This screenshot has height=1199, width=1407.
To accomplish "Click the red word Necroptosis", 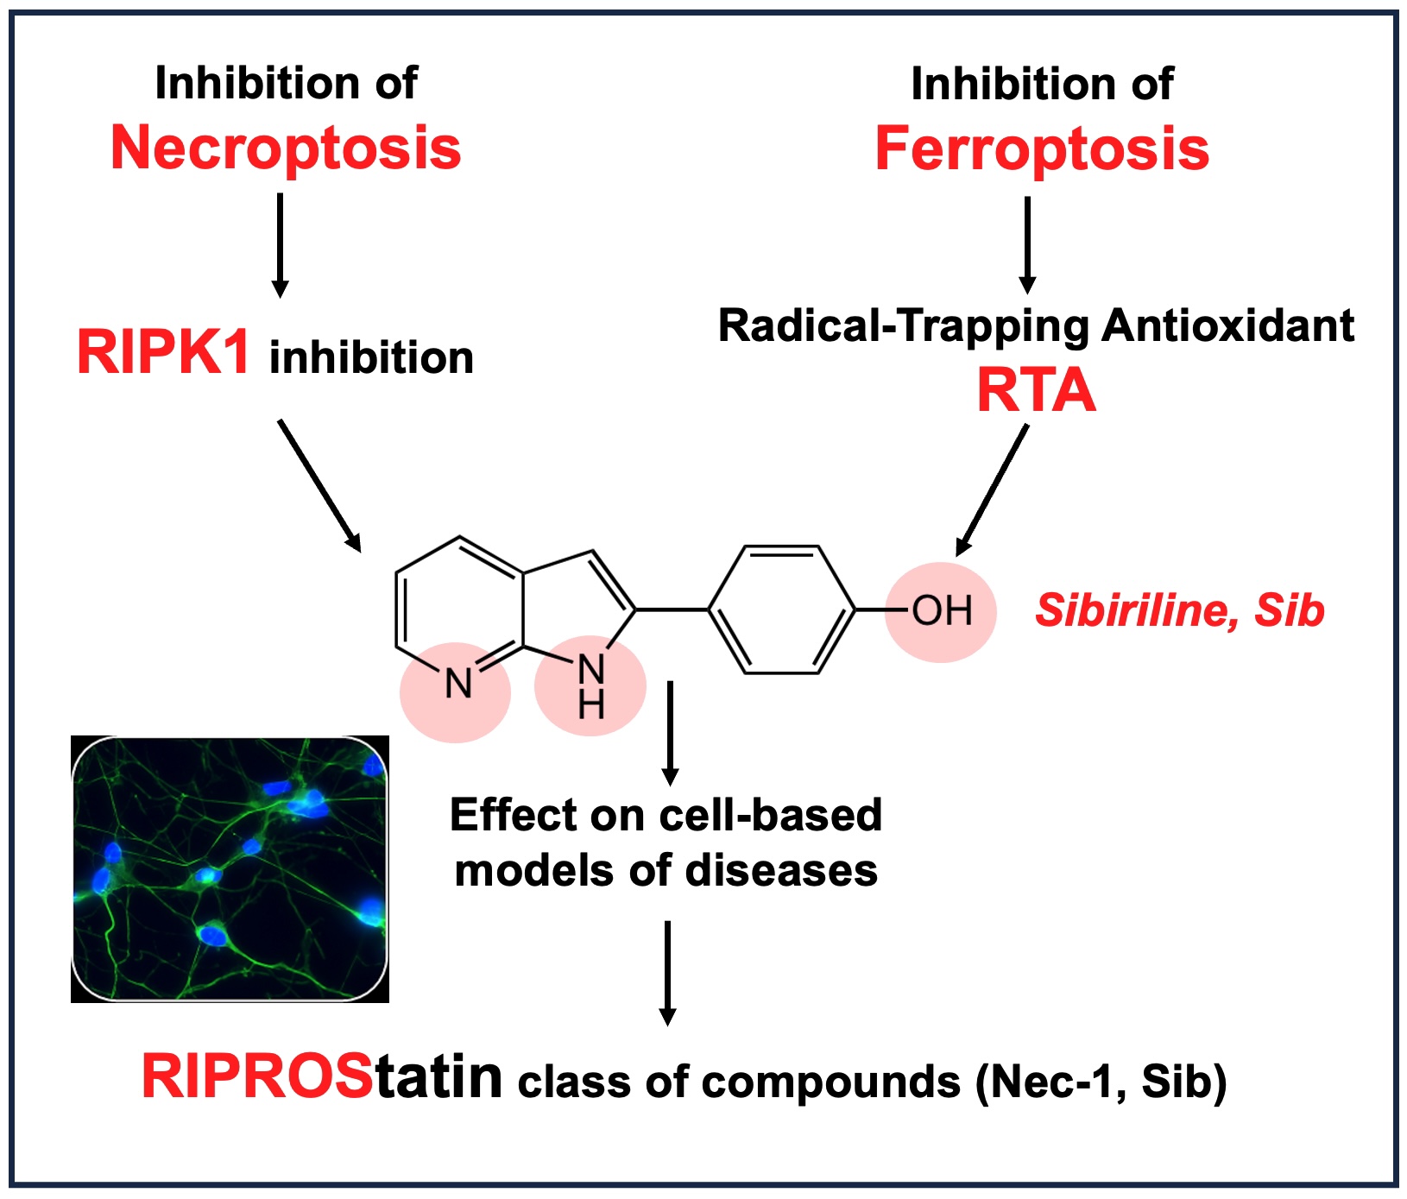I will click(286, 148).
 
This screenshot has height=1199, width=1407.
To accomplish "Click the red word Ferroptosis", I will click(1042, 149).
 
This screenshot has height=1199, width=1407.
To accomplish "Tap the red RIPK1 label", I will click(163, 353).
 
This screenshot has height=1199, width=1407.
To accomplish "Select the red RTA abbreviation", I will click(1036, 391).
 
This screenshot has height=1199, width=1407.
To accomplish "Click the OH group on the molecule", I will click(942, 611).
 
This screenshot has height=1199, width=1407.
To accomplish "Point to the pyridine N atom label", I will click(457, 685).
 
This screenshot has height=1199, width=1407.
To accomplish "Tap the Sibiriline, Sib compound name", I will click(1179, 611).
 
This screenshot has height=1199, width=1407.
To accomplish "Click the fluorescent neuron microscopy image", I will click(230, 868).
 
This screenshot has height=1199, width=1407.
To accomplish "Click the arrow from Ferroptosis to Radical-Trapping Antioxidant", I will click(1026, 244).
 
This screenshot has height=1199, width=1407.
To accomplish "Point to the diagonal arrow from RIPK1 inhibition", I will click(319, 484).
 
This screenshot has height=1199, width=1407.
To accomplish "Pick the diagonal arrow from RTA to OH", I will click(993, 489).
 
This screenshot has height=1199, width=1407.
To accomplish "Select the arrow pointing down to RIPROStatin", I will click(667, 972).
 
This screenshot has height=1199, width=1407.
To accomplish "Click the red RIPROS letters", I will click(257, 1077).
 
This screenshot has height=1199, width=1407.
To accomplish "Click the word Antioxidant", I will click(1227, 326).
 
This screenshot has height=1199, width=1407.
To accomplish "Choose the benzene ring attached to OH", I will click(782, 609).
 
